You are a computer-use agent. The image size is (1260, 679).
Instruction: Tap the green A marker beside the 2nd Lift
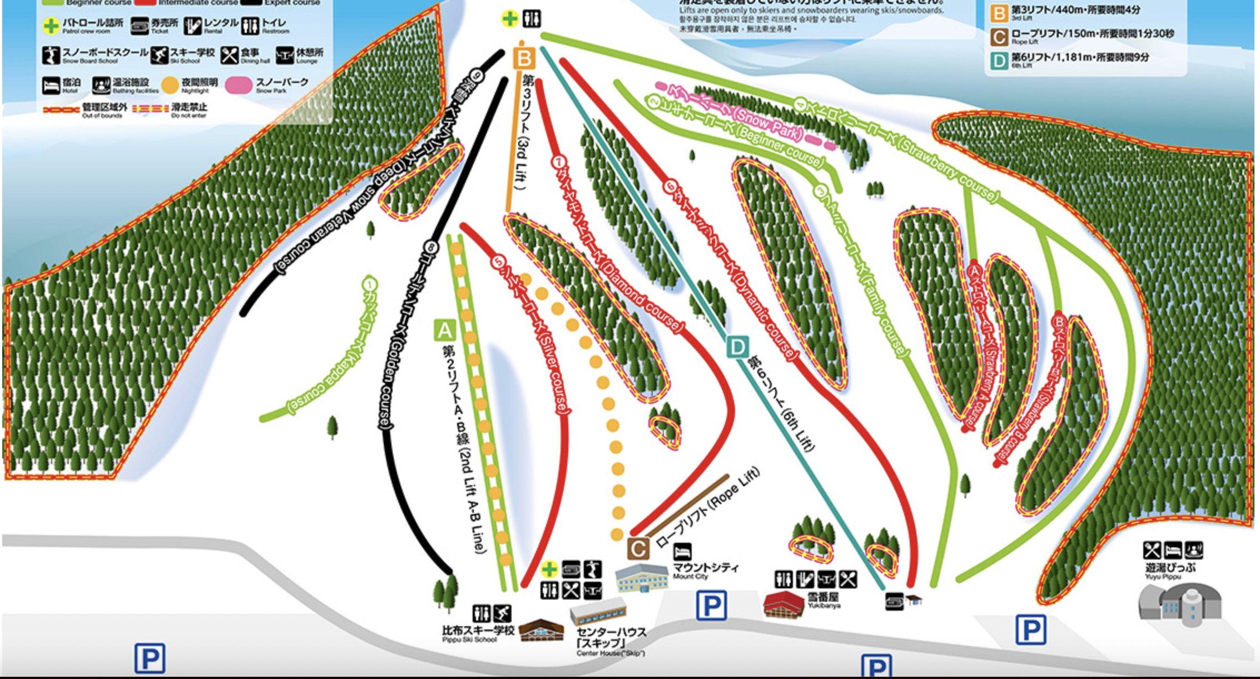pos(445,331)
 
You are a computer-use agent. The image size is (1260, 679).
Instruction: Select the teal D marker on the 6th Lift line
pos(737,348)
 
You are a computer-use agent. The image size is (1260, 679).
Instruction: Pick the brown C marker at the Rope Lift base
pos(638,549)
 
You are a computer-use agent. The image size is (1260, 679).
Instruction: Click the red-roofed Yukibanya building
pos(783,604)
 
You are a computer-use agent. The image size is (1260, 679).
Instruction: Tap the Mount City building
pos(642,578)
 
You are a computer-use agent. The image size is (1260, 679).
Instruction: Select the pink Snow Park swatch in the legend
pos(239,85)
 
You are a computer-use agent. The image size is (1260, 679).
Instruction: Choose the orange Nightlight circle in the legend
pos(170,85)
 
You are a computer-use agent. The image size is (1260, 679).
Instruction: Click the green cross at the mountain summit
pos(509,19)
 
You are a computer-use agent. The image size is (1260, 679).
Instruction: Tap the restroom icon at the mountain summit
pos(532,19)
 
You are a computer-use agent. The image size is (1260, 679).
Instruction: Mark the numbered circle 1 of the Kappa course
pos(370,284)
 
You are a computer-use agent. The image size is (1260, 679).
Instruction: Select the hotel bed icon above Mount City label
pos(682,551)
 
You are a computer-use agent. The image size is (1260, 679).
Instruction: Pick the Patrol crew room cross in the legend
pos(51,26)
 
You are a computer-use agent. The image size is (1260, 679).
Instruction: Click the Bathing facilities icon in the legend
pos(101,85)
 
